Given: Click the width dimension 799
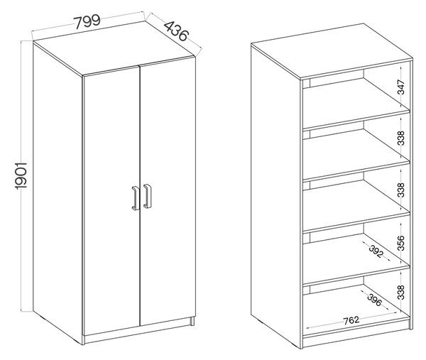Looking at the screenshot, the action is tap(87, 22).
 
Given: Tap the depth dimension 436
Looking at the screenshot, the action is tap(176, 31).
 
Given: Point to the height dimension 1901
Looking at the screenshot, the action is tap(21, 175).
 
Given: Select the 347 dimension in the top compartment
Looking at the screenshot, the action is tap(401, 87).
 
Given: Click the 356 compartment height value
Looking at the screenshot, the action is tap(401, 243).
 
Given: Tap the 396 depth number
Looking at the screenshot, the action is tap(375, 300).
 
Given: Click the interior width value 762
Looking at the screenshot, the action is tap(351, 321).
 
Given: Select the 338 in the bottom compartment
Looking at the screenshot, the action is tap(401, 292).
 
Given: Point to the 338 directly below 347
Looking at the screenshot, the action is tap(401, 138).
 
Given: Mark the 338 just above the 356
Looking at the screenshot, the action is tap(401, 190).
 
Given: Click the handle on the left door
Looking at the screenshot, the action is tap(136, 198).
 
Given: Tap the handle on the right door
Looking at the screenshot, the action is tap(147, 196).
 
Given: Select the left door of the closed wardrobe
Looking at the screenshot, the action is tap(111, 200).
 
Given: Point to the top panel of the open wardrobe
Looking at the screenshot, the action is tap(332, 51).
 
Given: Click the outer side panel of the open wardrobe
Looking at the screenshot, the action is tap(275, 196).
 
